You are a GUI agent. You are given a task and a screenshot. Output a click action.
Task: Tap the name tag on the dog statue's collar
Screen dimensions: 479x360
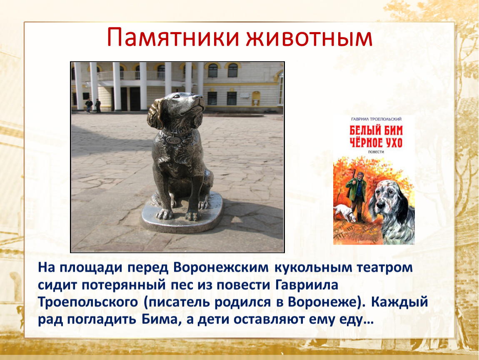point(173,139)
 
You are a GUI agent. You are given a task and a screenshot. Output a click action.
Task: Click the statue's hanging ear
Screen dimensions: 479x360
point(155,113)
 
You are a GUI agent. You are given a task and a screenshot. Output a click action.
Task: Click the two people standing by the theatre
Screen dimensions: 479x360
point(93,106)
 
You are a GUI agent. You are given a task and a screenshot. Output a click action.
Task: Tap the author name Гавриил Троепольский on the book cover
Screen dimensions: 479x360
point(376,119)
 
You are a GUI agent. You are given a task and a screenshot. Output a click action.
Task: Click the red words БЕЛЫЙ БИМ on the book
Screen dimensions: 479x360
point(376,130)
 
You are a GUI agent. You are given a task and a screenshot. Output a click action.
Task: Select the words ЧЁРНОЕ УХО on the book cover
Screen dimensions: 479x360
point(376,143)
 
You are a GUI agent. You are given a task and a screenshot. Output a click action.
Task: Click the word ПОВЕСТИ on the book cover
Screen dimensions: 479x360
point(376,152)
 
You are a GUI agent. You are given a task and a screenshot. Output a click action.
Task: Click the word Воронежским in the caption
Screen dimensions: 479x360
point(221,267)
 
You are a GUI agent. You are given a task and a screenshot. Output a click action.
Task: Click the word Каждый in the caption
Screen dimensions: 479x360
point(400,302)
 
